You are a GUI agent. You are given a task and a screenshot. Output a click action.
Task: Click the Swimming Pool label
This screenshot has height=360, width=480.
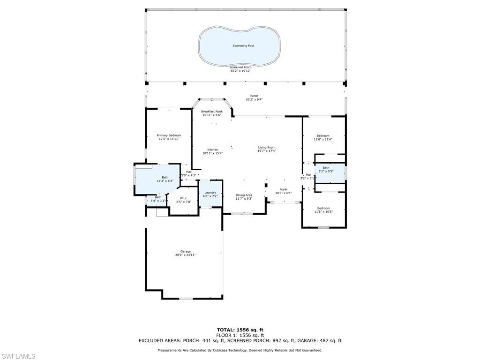click(x=240, y=46)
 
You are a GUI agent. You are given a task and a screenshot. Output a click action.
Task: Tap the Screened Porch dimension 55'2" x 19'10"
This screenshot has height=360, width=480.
click(x=240, y=71)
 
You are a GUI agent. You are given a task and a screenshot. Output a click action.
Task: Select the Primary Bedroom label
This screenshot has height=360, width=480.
click(x=169, y=135)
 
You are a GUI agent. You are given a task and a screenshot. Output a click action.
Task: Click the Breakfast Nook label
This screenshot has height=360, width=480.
click(x=212, y=112)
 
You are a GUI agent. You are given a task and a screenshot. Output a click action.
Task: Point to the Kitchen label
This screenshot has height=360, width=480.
click(x=212, y=150)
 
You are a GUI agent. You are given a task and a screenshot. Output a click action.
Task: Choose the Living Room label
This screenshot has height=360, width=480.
click(x=267, y=148)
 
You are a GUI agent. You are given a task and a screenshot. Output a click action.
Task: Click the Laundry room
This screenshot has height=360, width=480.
click(x=210, y=193)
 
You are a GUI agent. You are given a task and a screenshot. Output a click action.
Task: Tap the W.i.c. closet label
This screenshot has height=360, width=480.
click(x=184, y=198)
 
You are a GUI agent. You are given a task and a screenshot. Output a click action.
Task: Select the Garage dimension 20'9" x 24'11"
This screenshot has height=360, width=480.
click(x=185, y=255)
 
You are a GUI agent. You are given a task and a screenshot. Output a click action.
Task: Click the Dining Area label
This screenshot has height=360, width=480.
click(x=244, y=195)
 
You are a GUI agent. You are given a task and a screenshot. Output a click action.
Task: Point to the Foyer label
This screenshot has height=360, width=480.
click(x=284, y=189)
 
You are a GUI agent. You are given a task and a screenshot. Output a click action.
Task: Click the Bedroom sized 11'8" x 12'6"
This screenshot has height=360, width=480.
click(x=323, y=136)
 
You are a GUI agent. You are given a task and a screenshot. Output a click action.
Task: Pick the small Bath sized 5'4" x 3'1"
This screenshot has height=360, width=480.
click(x=158, y=197)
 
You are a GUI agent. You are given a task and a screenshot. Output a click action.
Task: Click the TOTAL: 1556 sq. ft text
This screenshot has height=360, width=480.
click(x=240, y=330)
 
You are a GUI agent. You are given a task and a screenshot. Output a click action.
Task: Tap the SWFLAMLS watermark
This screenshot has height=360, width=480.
click(x=18, y=356)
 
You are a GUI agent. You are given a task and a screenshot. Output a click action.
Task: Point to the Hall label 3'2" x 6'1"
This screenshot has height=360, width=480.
click(x=308, y=175)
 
